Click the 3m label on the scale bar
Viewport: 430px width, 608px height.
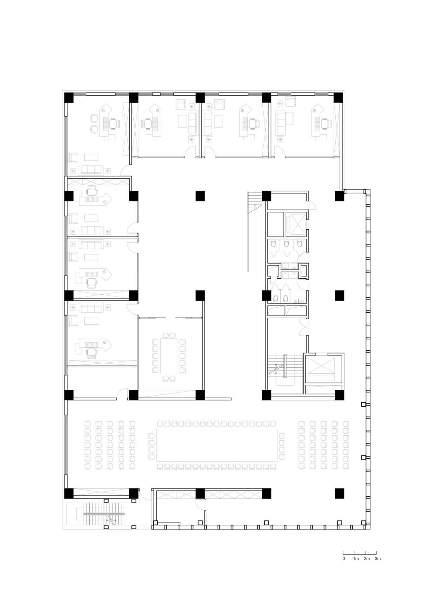point(378,559)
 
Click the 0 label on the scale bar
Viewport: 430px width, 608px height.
point(344,559)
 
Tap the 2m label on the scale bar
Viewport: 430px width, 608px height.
point(367,559)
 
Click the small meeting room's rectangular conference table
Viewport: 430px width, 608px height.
point(169,357)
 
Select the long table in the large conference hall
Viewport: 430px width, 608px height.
point(216,445)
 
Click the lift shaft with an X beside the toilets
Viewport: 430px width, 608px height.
point(296,224)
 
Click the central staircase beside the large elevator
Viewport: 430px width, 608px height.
point(284,368)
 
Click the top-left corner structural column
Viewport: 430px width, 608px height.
point(69,98)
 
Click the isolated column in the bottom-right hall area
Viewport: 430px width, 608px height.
point(339,493)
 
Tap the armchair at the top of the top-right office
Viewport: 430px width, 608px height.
point(290,102)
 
